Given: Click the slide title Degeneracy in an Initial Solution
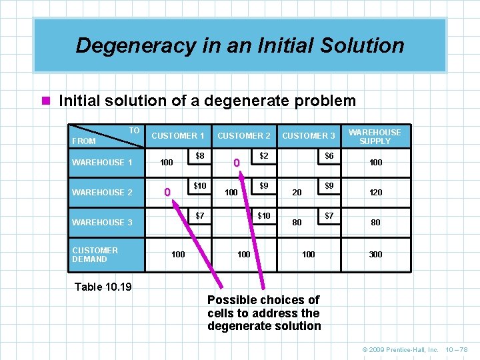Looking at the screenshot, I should coord(240,45).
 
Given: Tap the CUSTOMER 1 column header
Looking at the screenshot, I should coord(178,136).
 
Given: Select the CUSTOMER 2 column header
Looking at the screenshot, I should coord(244,136).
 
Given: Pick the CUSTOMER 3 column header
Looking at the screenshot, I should coord(309,136).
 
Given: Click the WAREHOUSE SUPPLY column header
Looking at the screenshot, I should coord(375,137).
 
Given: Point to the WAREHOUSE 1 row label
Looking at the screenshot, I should coord(102,163).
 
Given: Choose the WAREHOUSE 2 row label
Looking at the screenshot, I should coord(102,193).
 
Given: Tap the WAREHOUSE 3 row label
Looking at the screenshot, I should coord(102,223).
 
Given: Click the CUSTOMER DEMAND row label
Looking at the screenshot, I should coord(95,255).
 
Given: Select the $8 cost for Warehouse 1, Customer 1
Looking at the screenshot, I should coord(200,155).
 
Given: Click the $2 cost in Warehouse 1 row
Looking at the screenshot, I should coord(264,155).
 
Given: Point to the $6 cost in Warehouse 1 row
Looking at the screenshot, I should coord(329,155).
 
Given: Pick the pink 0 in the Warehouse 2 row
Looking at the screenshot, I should coord(168,193).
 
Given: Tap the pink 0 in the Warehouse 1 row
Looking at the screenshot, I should coord(235,163).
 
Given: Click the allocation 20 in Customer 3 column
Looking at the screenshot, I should coord(297,193).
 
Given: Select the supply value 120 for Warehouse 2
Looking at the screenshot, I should coord(376,193).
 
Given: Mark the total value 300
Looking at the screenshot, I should coord(376,255).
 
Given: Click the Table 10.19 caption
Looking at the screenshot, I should coord(103,287).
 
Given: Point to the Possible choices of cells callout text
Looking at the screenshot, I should coord(264,313).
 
